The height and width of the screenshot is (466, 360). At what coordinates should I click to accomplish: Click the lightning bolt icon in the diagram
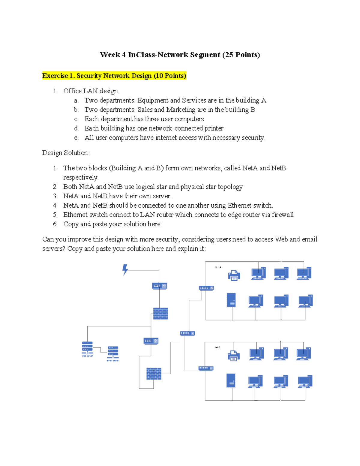pyautogui.click(x=125, y=269)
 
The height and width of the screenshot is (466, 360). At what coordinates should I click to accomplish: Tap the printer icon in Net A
pyautogui.click(x=234, y=275)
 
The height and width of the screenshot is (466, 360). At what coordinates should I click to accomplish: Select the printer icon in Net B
pyautogui.click(x=234, y=355)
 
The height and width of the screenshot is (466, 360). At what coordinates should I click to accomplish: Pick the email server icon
pyautogui.click(x=113, y=352)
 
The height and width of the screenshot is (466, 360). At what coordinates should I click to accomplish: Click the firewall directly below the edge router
pyautogui.click(x=160, y=314)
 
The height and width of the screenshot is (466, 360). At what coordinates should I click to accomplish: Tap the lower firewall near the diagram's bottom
pyautogui.click(x=154, y=374)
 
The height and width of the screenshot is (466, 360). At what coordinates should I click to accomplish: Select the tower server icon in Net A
pyautogui.click(x=231, y=300)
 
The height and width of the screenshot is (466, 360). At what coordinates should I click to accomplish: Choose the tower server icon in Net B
pyautogui.click(x=231, y=380)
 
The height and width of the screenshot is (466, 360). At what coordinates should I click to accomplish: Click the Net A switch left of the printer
pyautogui.click(x=206, y=288)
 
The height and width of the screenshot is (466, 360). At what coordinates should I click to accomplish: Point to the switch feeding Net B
pyautogui.click(x=206, y=368)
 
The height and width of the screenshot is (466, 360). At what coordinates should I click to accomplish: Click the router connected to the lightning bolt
pyautogui.click(x=160, y=286)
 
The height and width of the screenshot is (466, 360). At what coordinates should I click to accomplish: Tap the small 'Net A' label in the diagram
pyautogui.click(x=218, y=267)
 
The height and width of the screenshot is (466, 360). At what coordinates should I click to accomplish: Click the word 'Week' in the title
pyautogui.click(x=110, y=55)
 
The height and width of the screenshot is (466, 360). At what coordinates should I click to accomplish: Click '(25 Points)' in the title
pyautogui.click(x=241, y=55)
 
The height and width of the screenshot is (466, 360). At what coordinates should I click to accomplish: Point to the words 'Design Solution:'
pyautogui.click(x=66, y=153)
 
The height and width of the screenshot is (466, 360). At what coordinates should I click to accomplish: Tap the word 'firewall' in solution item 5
pyautogui.click(x=283, y=215)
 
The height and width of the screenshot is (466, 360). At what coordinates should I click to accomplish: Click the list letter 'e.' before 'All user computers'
pyautogui.click(x=76, y=138)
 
